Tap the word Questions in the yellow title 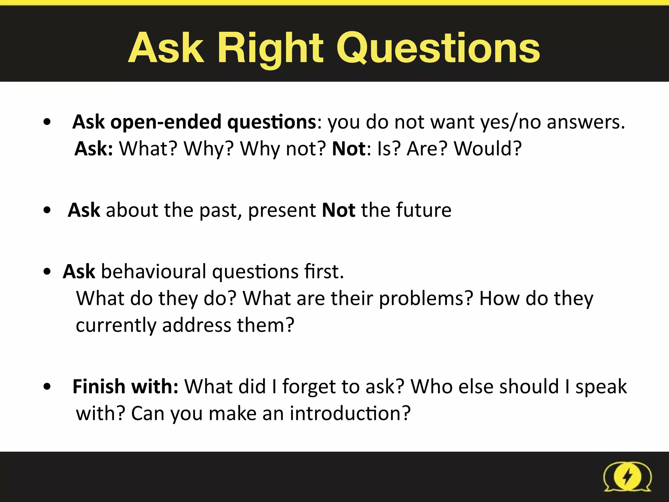tap(438, 48)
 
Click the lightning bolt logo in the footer tap(627, 477)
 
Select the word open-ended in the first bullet tap(166, 122)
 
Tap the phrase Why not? tap(283, 149)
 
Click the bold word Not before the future tap(338, 210)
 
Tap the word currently tap(116, 326)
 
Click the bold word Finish tap(99, 387)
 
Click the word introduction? tap(350, 414)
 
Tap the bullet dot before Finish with tap(47, 387)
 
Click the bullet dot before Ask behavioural tap(47, 272)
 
